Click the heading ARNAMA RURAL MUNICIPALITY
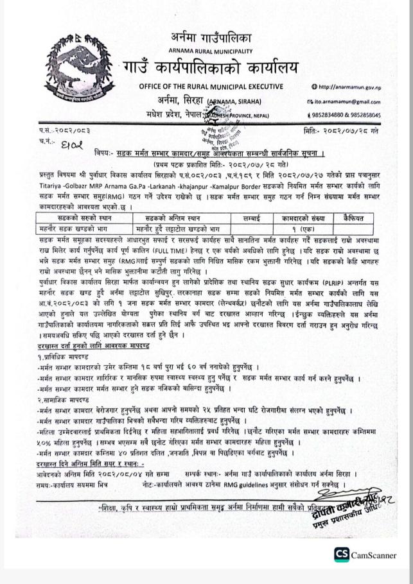[x=211, y=51]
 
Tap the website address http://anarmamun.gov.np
[x=349, y=87]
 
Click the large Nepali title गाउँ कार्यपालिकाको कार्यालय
[x=211, y=67]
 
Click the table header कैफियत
[x=353, y=218]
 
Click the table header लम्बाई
[x=252, y=218]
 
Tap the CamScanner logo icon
[x=341, y=555]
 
